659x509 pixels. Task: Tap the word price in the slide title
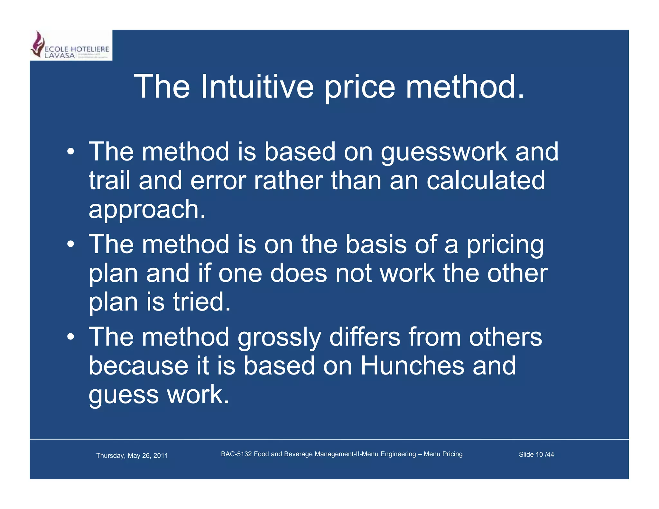point(359,87)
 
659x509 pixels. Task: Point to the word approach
point(147,209)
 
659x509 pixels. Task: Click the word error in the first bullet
point(218,181)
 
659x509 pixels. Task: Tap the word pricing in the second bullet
point(505,245)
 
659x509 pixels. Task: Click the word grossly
point(279,338)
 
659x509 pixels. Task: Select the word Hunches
point(412,366)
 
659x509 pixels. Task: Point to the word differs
point(365,337)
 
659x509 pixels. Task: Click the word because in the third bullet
point(138,366)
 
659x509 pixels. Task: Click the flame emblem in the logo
point(38,44)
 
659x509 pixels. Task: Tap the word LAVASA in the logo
point(60,56)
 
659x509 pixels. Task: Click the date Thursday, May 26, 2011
point(132,455)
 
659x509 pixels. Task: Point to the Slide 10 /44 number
point(536,454)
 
